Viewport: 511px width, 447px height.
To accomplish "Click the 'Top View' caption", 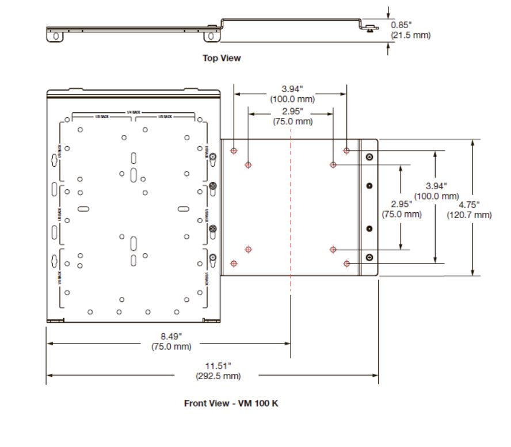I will click(222, 58).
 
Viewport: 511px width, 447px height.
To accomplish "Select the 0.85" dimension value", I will click(401, 25).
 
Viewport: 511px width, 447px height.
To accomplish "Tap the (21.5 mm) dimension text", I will click(410, 35).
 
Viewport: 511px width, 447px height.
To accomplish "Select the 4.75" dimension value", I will click(469, 205).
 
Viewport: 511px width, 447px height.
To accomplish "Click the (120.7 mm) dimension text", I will click(469, 215).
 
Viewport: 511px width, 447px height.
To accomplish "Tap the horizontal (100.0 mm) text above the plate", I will click(291, 98).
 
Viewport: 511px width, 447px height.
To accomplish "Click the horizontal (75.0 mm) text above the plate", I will click(292, 121).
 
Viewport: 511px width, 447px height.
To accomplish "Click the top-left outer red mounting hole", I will click(234, 151).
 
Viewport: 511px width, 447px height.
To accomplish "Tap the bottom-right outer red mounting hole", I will click(346, 263).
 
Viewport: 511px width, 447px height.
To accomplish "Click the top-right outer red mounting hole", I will click(346, 151).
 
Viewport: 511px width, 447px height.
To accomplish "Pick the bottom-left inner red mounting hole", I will click(249, 250).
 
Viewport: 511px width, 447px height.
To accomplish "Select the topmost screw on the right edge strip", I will click(369, 157).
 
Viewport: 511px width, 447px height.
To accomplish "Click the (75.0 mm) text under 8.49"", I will click(167, 346).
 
